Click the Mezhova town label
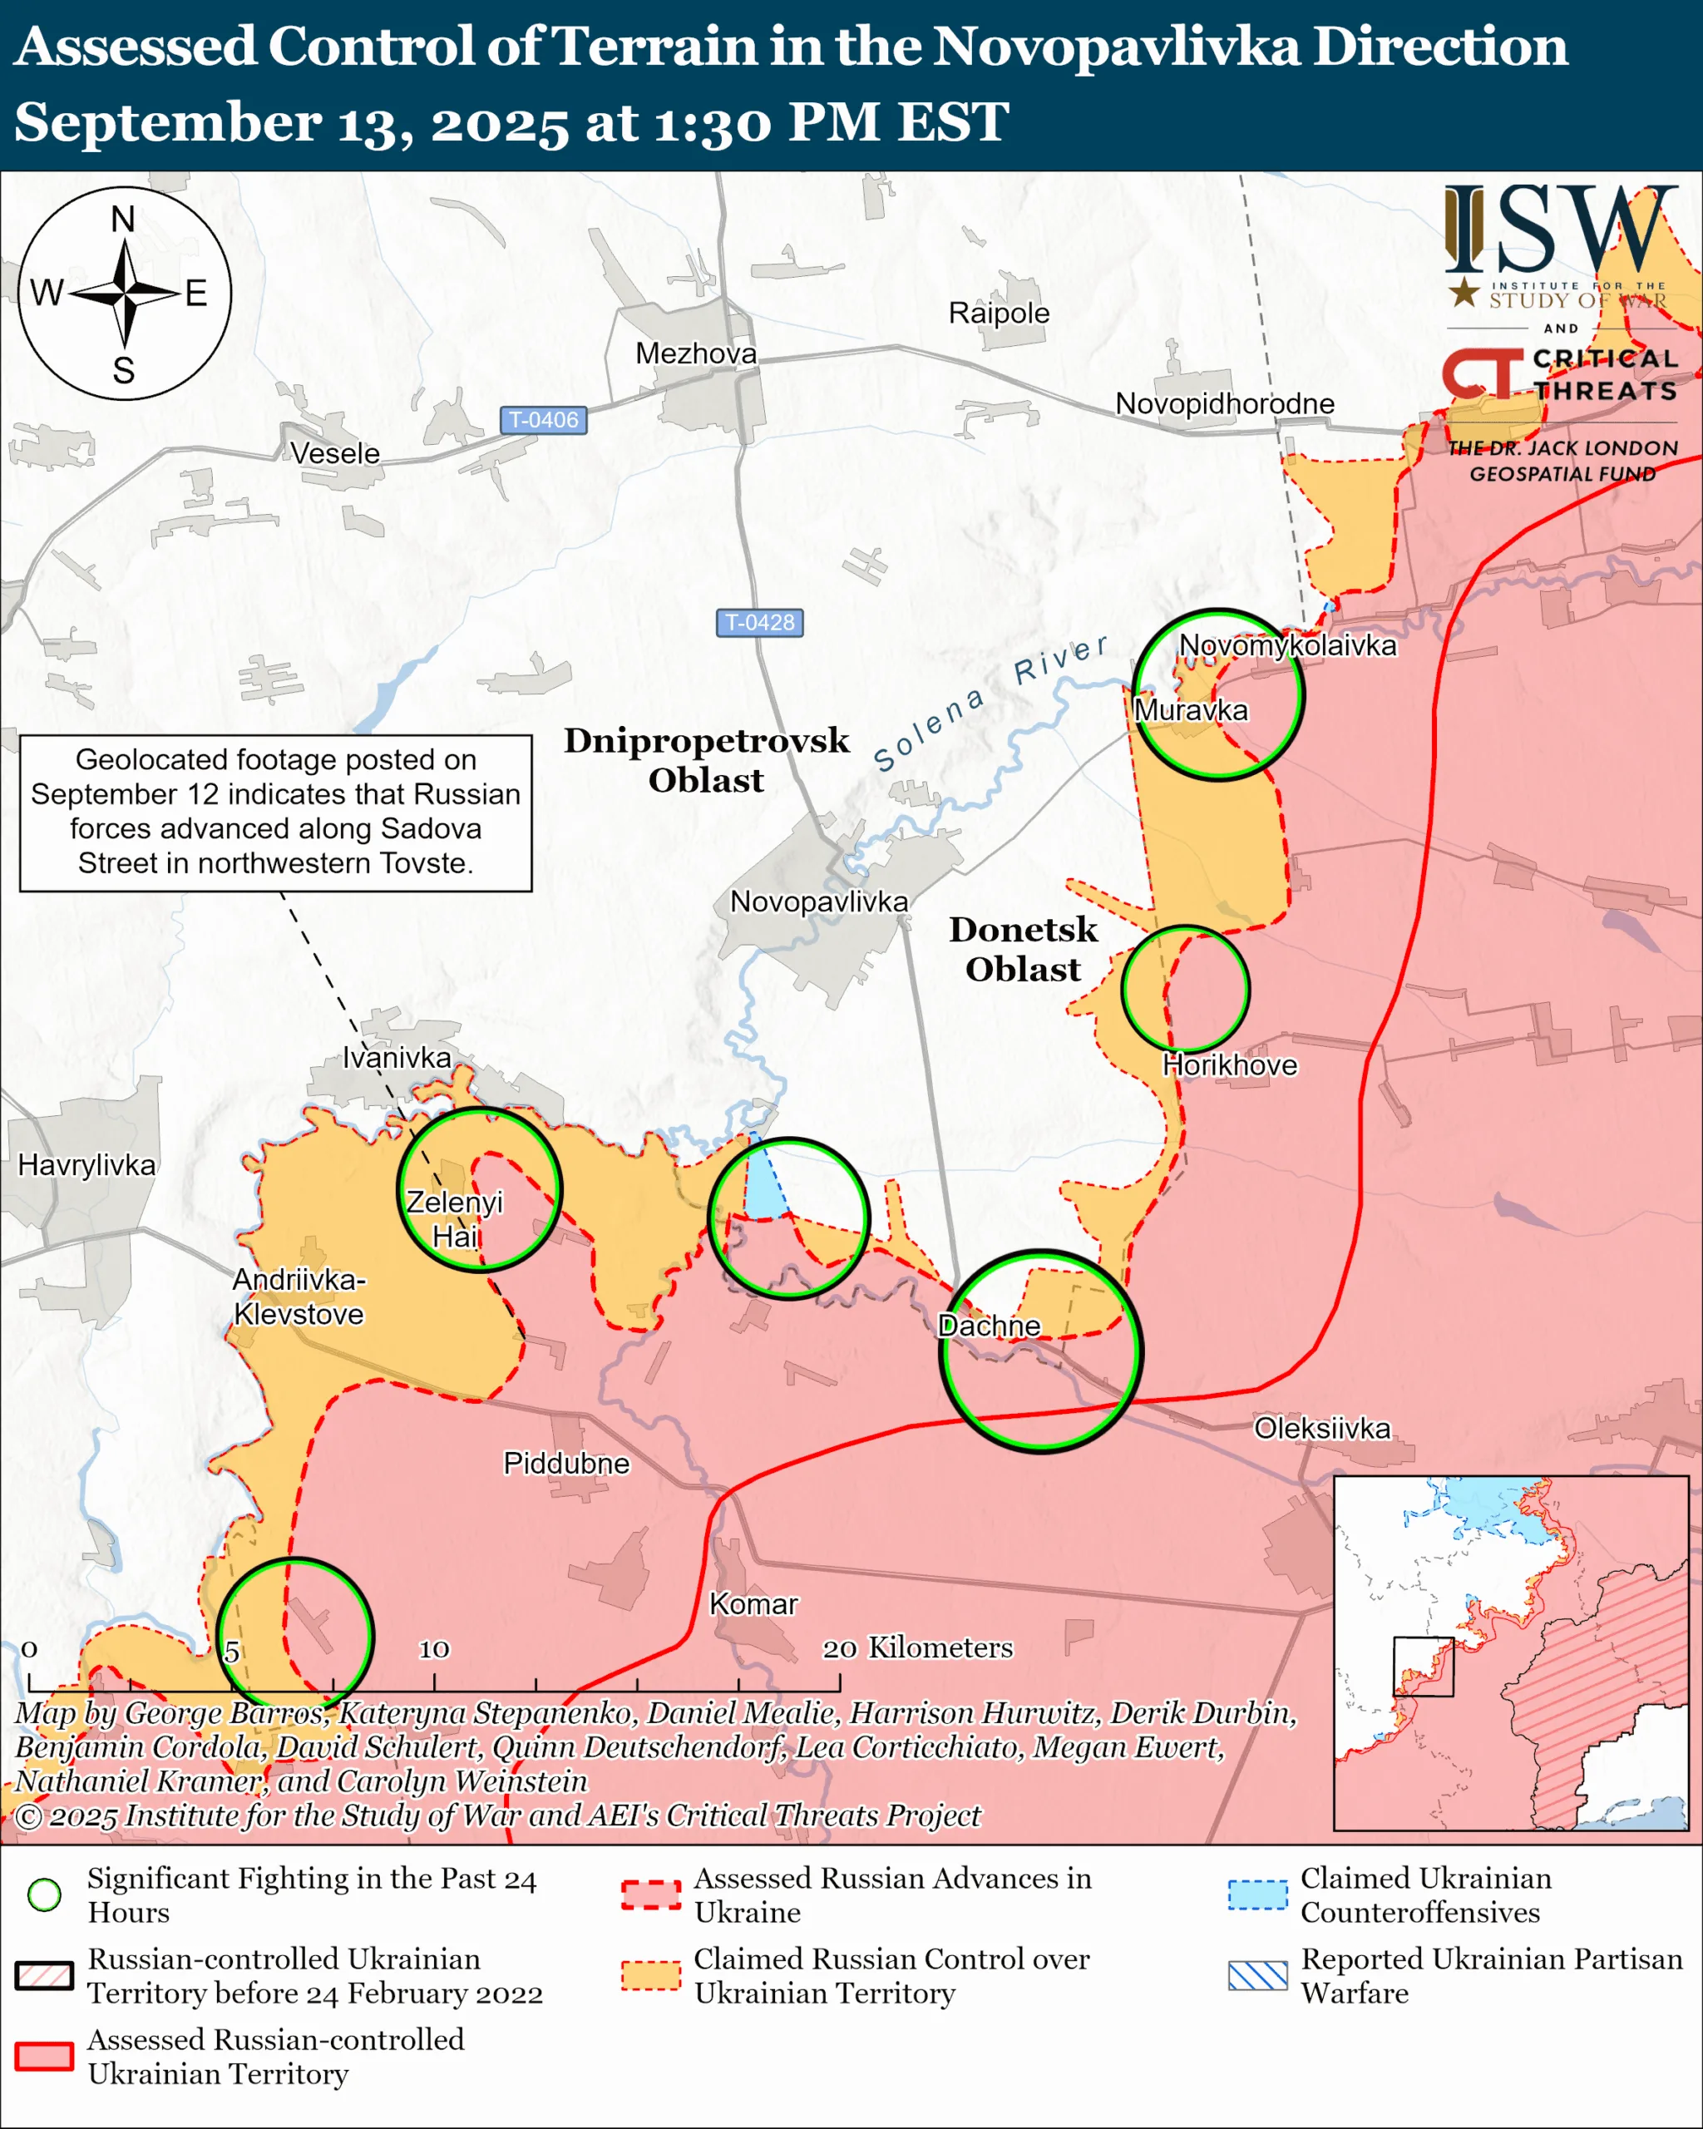[x=696, y=353]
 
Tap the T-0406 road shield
[x=543, y=420]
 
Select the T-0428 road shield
[x=759, y=622]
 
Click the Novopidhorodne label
[x=1224, y=404]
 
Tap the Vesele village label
[x=334, y=453]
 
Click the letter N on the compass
[x=123, y=220]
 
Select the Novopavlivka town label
[x=818, y=901]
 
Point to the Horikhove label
[x=1229, y=1065]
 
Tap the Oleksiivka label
[x=1322, y=1428]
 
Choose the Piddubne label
[x=565, y=1463]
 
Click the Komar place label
[x=753, y=1603]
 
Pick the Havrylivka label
[x=86, y=1165]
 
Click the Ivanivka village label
[x=396, y=1058]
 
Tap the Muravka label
[x=1191, y=710]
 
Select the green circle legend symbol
[x=44, y=1895]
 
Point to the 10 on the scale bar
[x=433, y=1649]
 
